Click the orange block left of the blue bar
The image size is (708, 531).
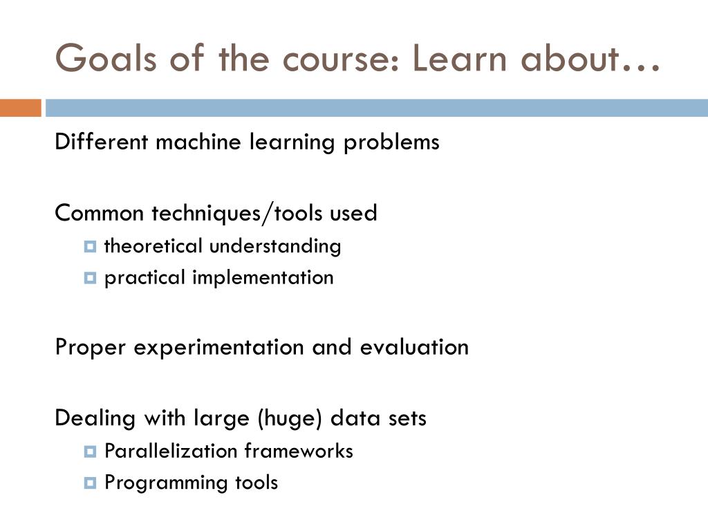[x=21, y=108]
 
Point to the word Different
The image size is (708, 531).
[x=101, y=142]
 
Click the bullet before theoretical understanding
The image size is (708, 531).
[x=90, y=246]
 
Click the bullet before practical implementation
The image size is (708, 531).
[x=90, y=278]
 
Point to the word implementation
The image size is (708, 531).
[x=263, y=278]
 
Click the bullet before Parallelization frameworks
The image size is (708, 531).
[x=90, y=451]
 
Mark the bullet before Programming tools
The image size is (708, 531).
[x=90, y=483]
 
